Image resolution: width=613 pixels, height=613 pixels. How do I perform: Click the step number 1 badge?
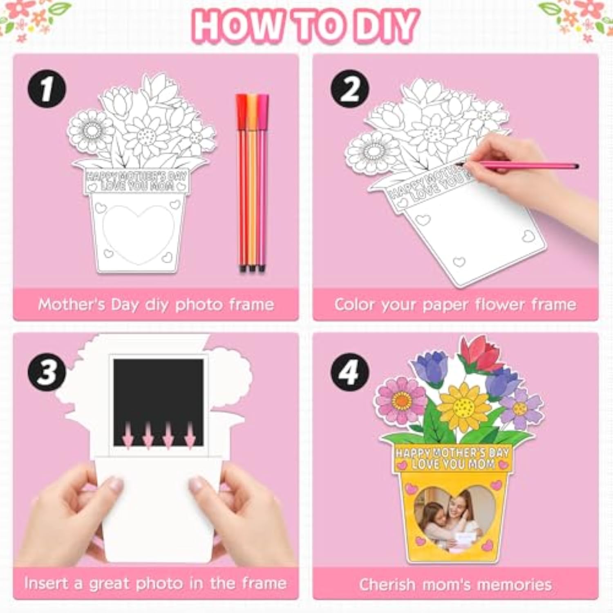pyautogui.click(x=47, y=89)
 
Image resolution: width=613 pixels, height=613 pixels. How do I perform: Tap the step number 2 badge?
pyautogui.click(x=349, y=89)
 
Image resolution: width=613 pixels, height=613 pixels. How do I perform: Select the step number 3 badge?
pyautogui.click(x=47, y=372)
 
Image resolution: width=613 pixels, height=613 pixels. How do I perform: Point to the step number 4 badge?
pyautogui.click(x=349, y=372)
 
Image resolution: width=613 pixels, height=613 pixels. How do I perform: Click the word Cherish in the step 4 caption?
pyautogui.click(x=387, y=584)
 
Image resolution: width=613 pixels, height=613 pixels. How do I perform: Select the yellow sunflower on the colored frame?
pyautogui.click(x=464, y=407)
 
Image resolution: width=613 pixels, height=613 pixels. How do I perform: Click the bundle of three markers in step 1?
pyautogui.click(x=252, y=182)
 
